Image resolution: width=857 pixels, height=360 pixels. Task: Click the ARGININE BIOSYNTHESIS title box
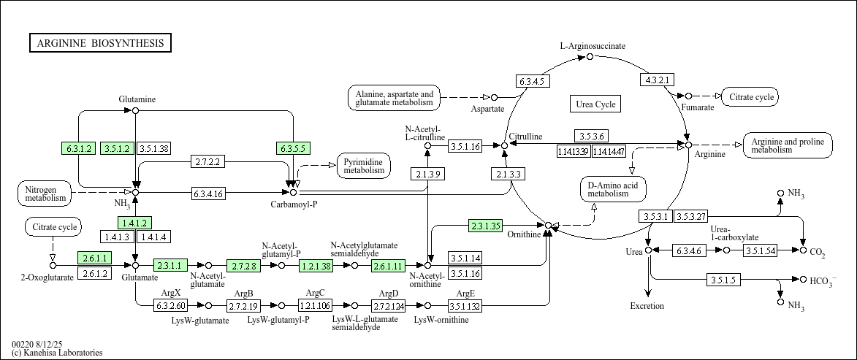click(x=100, y=43)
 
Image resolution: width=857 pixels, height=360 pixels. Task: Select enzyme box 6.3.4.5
click(x=533, y=81)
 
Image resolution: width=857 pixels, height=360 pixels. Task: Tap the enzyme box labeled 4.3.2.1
click(x=658, y=79)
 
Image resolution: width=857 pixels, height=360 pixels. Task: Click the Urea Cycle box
click(x=595, y=104)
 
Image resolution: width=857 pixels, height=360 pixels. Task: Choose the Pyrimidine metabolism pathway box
click(x=364, y=166)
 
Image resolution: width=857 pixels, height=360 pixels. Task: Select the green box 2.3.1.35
click(x=485, y=226)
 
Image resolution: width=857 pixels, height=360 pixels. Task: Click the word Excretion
click(x=647, y=306)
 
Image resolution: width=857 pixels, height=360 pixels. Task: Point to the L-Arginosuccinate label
click(x=593, y=46)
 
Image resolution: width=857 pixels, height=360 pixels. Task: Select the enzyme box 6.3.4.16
click(x=208, y=194)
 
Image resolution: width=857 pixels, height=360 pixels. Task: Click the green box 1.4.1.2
click(x=135, y=223)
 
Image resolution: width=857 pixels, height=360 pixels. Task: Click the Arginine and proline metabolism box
click(x=788, y=145)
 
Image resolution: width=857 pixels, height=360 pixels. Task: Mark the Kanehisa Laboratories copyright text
click(x=57, y=353)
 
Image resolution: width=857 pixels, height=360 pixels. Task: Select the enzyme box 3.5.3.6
click(x=591, y=137)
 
